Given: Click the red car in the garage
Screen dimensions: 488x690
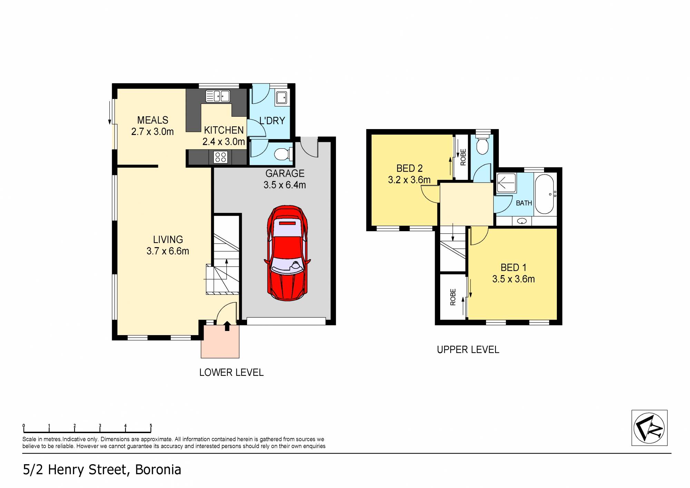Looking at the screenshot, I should [287, 254].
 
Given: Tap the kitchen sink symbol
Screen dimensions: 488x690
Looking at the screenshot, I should [218, 96].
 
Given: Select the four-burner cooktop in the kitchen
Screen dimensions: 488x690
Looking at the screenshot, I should [220, 157].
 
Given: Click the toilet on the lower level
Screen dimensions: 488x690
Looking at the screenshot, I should [283, 154].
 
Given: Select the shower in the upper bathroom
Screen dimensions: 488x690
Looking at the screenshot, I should [506, 183].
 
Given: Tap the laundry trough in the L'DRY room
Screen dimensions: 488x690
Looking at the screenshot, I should [281, 97].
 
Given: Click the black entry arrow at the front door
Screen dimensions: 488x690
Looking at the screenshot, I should [227, 326].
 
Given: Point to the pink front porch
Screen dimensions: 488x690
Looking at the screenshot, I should [220, 342].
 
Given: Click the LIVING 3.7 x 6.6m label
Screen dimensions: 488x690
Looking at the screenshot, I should [168, 245].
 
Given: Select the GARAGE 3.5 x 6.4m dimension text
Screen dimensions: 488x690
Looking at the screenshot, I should [285, 185].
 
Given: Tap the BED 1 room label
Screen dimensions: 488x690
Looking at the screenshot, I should [513, 267].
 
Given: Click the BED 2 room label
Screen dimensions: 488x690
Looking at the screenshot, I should [409, 168].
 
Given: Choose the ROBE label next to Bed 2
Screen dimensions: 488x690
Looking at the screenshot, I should [463, 157].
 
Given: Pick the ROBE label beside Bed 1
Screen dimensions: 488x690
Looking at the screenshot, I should [453, 297].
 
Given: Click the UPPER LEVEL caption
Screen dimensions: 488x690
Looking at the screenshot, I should [468, 350].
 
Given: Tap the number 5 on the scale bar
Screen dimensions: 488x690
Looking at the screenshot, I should [151, 426].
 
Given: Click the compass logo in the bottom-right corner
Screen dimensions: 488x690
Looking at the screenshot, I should [649, 428].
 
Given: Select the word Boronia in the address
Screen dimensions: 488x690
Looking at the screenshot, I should [158, 470].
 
